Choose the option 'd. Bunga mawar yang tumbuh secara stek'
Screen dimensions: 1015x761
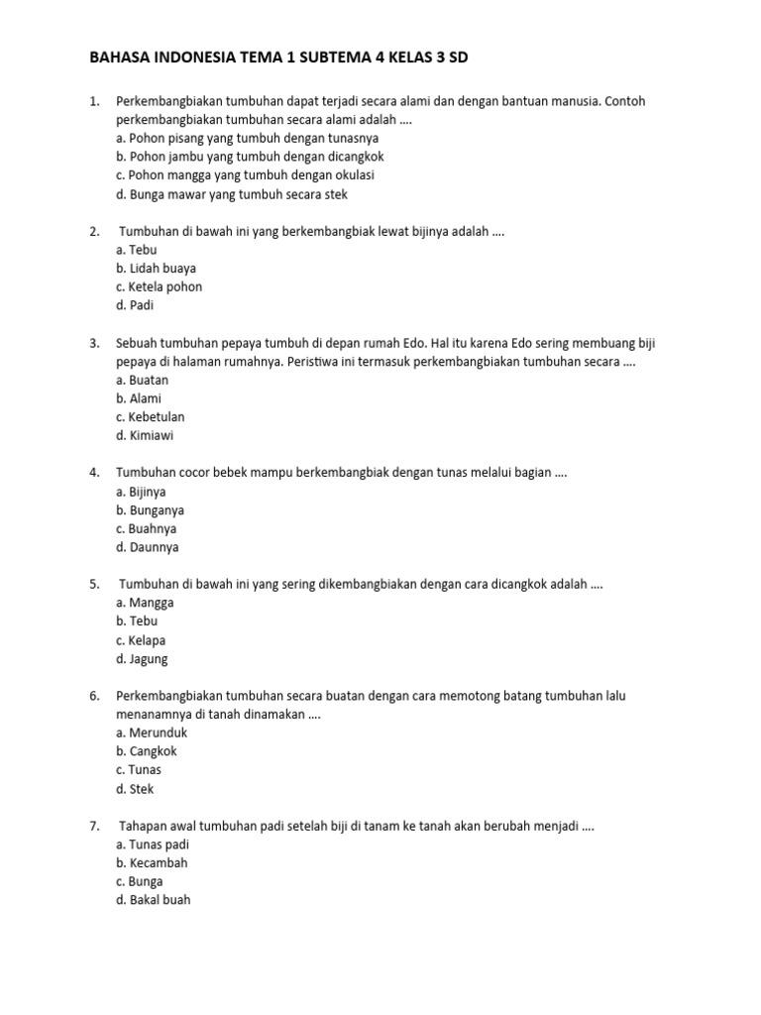[231, 194]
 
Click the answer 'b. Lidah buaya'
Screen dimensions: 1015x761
[156, 268]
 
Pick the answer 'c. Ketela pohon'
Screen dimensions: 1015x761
[159, 286]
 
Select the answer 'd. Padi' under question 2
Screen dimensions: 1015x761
[137, 305]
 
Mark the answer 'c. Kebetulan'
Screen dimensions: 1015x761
[150, 416]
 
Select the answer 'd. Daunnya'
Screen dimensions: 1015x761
[147, 547]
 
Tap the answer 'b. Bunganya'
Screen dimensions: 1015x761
[150, 510]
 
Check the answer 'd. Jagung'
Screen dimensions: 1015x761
[142, 658]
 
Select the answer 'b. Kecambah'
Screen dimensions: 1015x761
[152, 862]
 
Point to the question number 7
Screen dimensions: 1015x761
[94, 826]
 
